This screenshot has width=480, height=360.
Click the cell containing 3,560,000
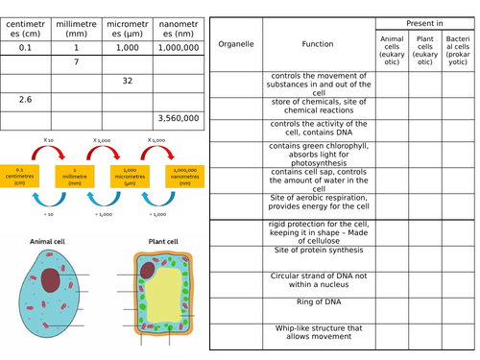pos(177,119)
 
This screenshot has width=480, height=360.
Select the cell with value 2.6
pos(26,100)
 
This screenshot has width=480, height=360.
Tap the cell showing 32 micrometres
pos(127,81)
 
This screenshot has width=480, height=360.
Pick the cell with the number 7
pos(76,61)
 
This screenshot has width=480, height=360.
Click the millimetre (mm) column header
pos(76,25)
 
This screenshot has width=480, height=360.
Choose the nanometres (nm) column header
pos(177,25)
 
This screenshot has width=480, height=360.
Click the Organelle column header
pos(236,44)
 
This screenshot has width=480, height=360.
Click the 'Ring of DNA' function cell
pos(318,304)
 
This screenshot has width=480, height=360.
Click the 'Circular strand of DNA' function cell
pos(318,280)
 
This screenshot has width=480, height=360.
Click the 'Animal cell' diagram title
pos(48,242)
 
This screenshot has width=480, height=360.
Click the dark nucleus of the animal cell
pos(50,280)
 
